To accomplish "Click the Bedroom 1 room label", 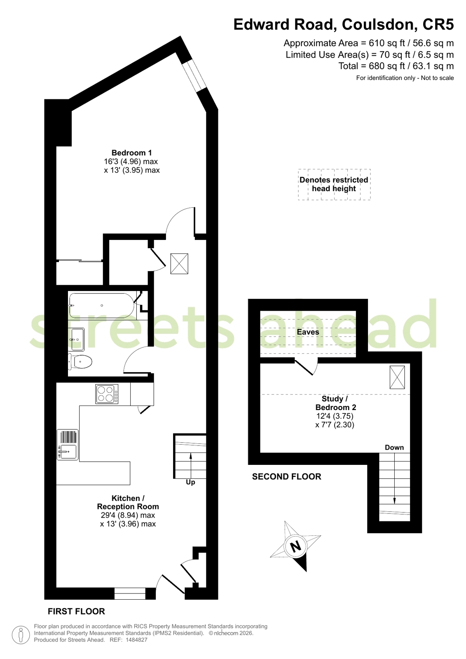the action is [131, 152].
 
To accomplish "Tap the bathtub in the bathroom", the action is [101, 306].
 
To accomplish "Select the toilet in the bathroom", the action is [80, 361].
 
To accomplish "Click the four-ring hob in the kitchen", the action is [106, 394].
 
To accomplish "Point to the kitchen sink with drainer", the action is [68, 445].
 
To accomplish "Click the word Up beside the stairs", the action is [190, 482].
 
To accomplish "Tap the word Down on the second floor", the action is [394, 448].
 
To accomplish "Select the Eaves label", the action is [308, 332].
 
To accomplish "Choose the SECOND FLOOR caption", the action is [286, 476].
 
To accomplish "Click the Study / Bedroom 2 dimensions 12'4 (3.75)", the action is [335, 416].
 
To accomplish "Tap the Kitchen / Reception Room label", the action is [128, 502].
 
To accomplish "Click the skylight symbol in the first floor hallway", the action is [179, 264].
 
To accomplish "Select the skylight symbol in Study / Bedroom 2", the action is [397, 378].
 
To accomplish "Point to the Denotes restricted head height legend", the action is [334, 184].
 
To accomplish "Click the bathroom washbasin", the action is [76, 340].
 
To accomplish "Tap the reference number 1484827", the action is [136, 640].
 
